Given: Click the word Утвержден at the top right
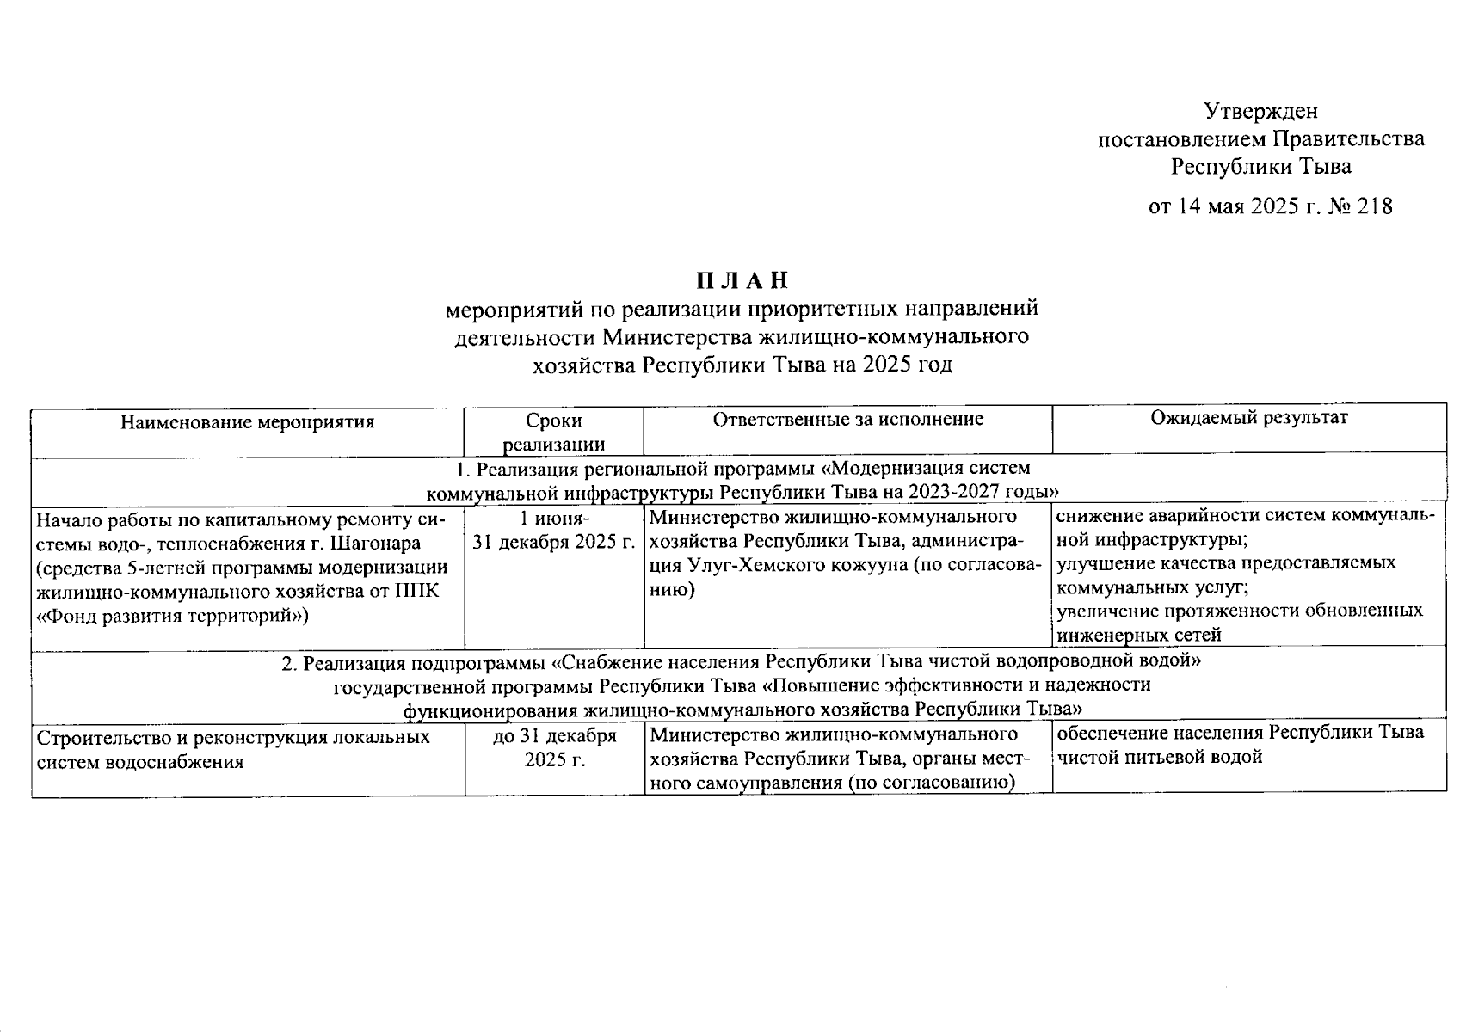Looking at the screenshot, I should [1260, 112].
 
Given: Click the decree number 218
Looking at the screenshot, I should [1374, 207].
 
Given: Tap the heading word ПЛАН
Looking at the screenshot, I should [742, 281].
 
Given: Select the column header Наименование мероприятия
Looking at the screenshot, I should [248, 422].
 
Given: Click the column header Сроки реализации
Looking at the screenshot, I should [553, 432].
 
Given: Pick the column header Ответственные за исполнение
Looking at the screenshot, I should [847, 420].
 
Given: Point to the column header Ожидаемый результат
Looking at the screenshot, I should [1249, 418].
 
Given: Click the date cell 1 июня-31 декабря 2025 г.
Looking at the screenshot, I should [554, 531].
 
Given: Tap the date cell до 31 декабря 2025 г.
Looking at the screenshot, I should [554, 749].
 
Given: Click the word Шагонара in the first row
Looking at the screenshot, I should [375, 544].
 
